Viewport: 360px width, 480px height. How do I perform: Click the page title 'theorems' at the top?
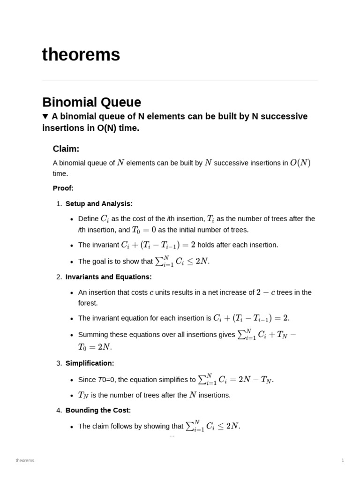pyautogui.click(x=81, y=55)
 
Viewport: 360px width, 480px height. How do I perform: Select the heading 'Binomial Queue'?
pyautogui.click(x=91, y=102)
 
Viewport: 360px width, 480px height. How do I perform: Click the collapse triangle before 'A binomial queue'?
pyautogui.click(x=45, y=116)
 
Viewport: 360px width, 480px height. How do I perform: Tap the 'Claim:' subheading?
pyautogui.click(x=66, y=149)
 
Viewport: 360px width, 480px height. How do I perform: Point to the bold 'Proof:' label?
pyautogui.click(x=63, y=188)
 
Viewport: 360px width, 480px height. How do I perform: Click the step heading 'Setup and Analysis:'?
pyautogui.click(x=99, y=203)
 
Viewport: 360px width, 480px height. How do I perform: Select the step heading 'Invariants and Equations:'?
pyautogui.click(x=108, y=277)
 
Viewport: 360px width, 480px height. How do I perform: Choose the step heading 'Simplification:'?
pyautogui.click(x=90, y=363)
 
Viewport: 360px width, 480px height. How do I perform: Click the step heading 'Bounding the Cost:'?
pyautogui.click(x=98, y=410)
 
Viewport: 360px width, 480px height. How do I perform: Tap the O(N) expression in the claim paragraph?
pyautogui.click(x=300, y=163)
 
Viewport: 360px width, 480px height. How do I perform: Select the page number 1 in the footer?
pyautogui.click(x=343, y=460)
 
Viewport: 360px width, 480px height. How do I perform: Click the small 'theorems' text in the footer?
pyautogui.click(x=25, y=460)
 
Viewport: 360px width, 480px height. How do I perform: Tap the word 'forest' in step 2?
pyautogui.click(x=88, y=303)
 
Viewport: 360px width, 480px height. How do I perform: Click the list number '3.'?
pyautogui.click(x=59, y=363)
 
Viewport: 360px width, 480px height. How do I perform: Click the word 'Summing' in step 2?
pyautogui.click(x=92, y=335)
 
